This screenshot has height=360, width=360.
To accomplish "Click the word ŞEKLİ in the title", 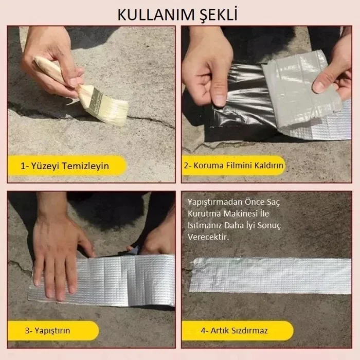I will click(216, 14).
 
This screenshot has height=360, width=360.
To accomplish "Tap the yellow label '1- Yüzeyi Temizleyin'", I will click(66, 166).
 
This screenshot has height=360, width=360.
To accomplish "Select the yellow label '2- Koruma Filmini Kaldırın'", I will click(234, 166).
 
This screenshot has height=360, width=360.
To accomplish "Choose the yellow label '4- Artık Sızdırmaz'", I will click(234, 330).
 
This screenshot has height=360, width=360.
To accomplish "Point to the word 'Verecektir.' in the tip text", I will click(208, 238).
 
